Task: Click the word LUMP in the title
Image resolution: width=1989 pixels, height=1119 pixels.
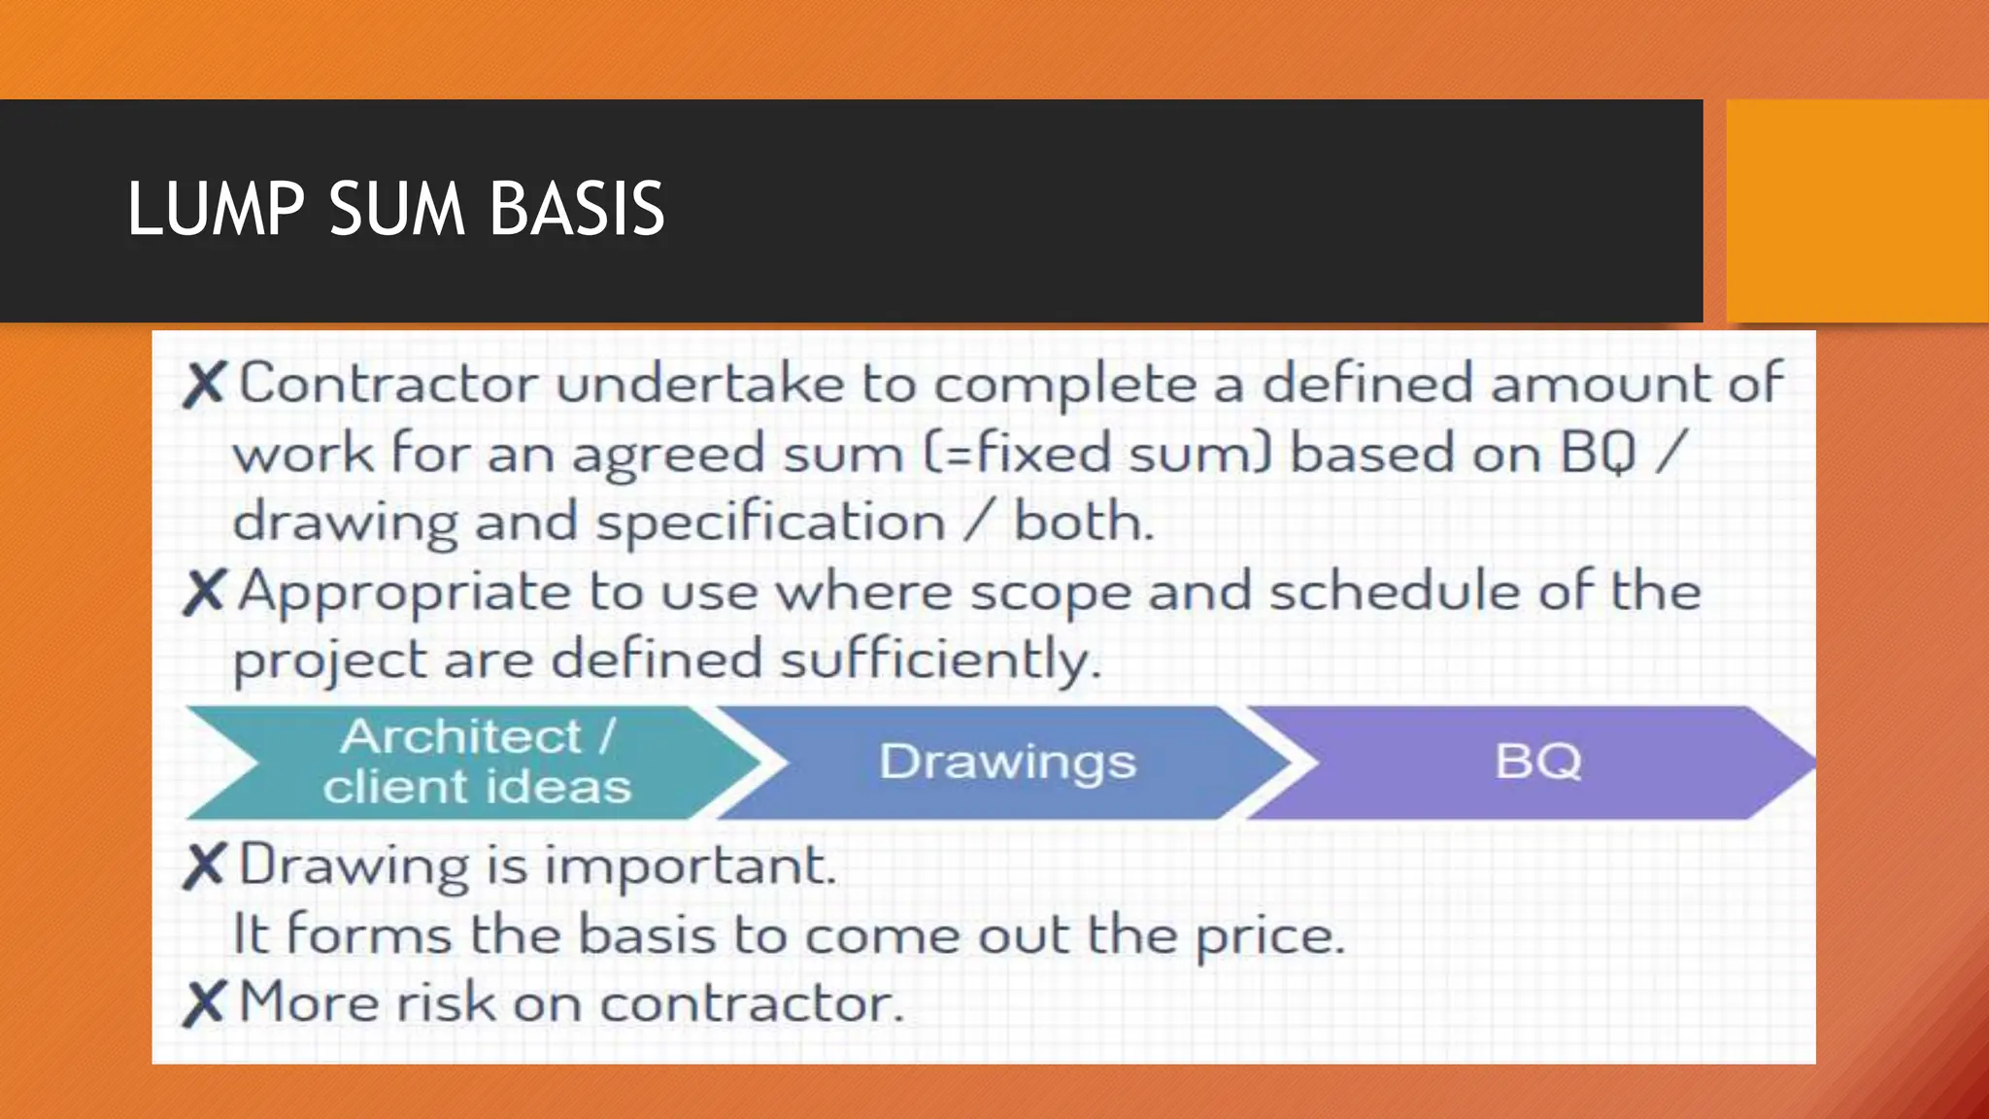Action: pyautogui.click(x=216, y=209)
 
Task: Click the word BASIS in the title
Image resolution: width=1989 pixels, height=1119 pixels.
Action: pyautogui.click(x=577, y=209)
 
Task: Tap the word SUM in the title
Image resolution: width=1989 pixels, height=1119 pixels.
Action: pyautogui.click(x=397, y=209)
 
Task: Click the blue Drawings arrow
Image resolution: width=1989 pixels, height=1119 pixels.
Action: pyautogui.click(x=1007, y=763)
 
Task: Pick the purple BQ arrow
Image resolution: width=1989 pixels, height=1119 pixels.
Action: pyautogui.click(x=1537, y=763)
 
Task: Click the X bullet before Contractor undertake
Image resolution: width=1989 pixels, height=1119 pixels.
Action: pyautogui.click(x=204, y=385)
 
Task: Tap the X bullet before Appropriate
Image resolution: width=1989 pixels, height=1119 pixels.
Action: pyautogui.click(x=204, y=593)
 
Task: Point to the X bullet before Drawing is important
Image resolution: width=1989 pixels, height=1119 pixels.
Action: pyautogui.click(x=204, y=866)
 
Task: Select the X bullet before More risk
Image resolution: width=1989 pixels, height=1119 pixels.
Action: pyautogui.click(x=204, y=1003)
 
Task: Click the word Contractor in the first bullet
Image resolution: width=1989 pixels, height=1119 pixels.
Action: pyautogui.click(x=388, y=383)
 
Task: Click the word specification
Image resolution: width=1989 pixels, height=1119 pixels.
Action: pyautogui.click(x=770, y=524)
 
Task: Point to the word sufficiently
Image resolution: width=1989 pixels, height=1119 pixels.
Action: pyautogui.click(x=940, y=661)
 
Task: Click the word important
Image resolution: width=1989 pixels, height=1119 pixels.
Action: pyautogui.click(x=690, y=865)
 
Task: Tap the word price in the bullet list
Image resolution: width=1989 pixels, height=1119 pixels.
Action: pyautogui.click(x=1268, y=936)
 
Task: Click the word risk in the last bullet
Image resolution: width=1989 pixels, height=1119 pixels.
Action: pyautogui.click(x=447, y=1002)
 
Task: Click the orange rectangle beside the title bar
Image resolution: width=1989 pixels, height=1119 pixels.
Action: pyautogui.click(x=1857, y=211)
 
